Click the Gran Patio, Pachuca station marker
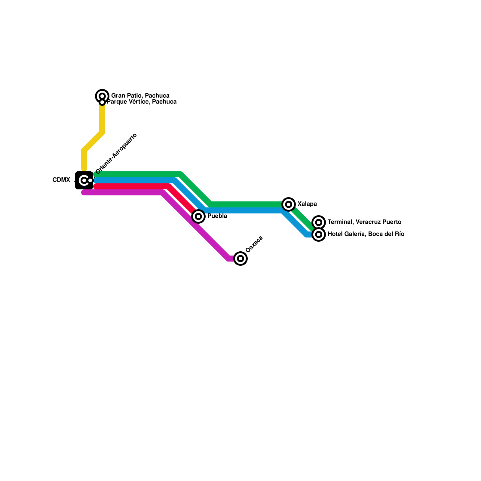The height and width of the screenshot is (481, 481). click(x=102, y=96)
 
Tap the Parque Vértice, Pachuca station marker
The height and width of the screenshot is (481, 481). click(x=102, y=102)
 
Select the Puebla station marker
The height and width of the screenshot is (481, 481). click(x=198, y=216)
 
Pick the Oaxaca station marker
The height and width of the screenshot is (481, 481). click(x=240, y=258)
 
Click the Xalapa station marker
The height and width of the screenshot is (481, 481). click(x=289, y=204)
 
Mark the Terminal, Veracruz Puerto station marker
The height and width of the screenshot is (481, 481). click(x=319, y=222)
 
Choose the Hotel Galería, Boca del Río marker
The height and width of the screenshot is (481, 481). click(x=319, y=234)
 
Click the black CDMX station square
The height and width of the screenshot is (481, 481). click(x=84, y=180)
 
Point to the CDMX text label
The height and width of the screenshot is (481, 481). click(x=61, y=180)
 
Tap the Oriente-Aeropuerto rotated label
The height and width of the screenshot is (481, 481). click(x=116, y=154)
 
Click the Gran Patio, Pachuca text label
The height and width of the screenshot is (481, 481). click(x=140, y=96)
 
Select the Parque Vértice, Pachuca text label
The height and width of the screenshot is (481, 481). click(x=142, y=102)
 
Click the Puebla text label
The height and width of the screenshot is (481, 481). click(x=217, y=216)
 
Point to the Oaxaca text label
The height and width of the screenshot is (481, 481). click(x=254, y=244)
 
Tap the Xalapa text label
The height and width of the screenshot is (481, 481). click(x=307, y=204)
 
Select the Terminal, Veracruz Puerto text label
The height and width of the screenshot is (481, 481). click(x=364, y=222)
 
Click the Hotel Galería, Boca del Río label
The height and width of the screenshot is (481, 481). click(x=366, y=234)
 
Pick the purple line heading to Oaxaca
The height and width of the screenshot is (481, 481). click(x=195, y=225)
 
